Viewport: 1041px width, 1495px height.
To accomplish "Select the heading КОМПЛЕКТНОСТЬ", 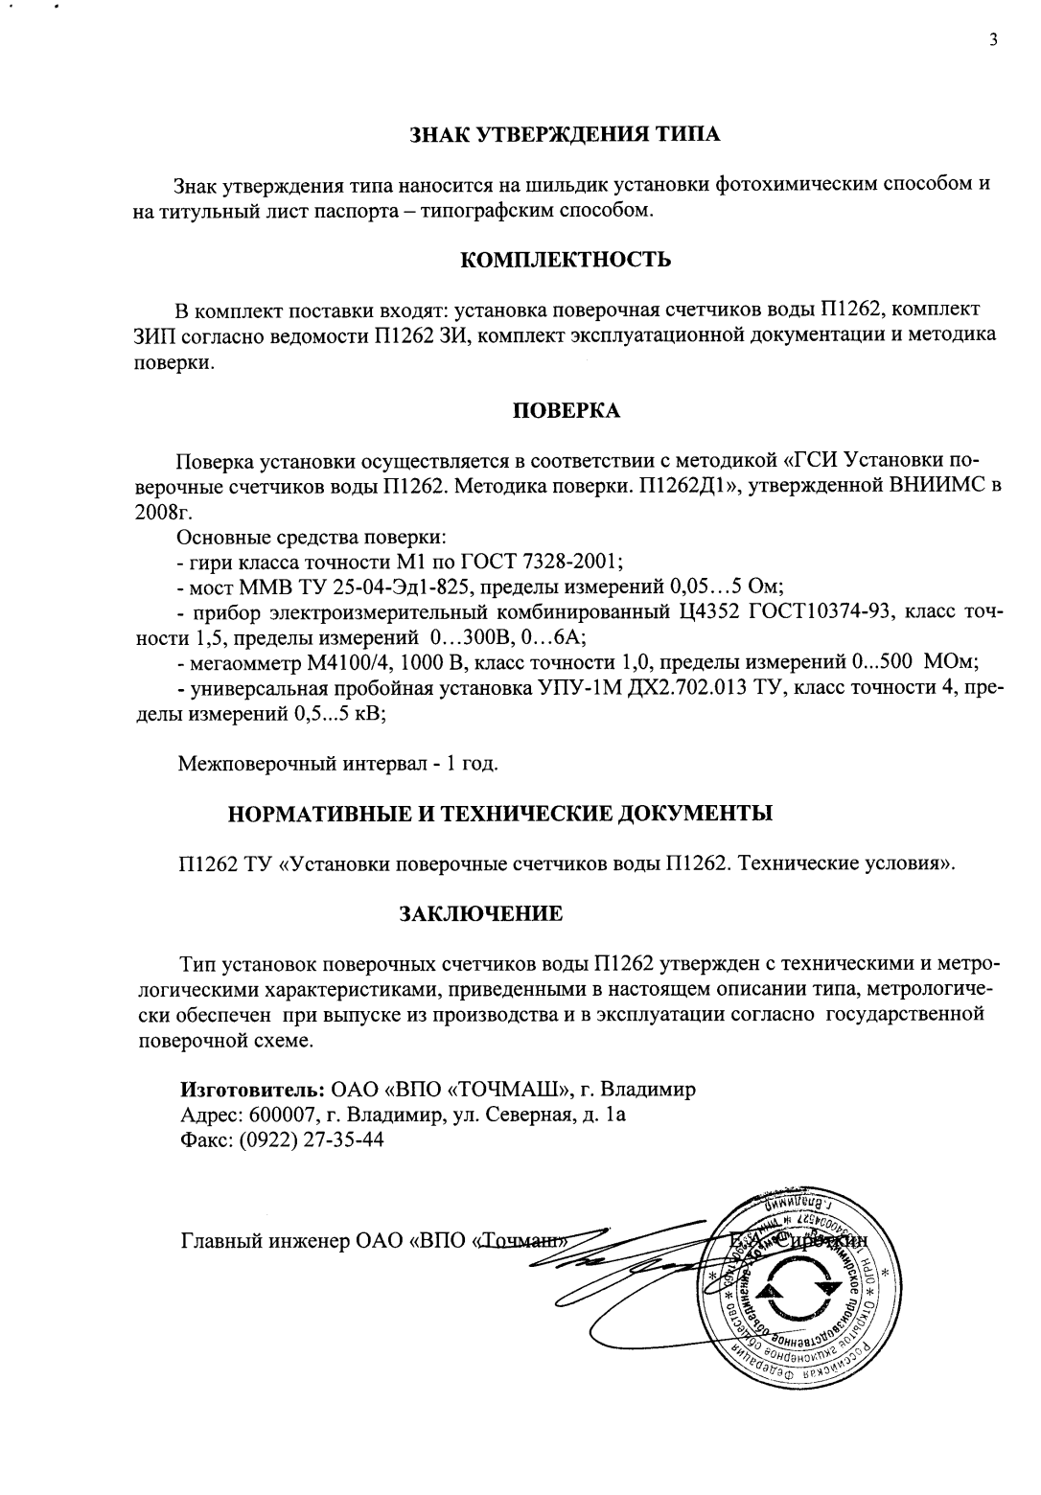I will pyautogui.click(x=566, y=260).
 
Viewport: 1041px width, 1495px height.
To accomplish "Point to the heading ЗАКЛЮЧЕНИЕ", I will pyautogui.click(x=480, y=913).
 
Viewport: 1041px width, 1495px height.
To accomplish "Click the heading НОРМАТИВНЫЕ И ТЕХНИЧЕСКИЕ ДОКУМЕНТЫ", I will pyautogui.click(x=499, y=815).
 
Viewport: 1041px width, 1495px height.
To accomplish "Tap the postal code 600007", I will pyautogui.click(x=280, y=1115).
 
